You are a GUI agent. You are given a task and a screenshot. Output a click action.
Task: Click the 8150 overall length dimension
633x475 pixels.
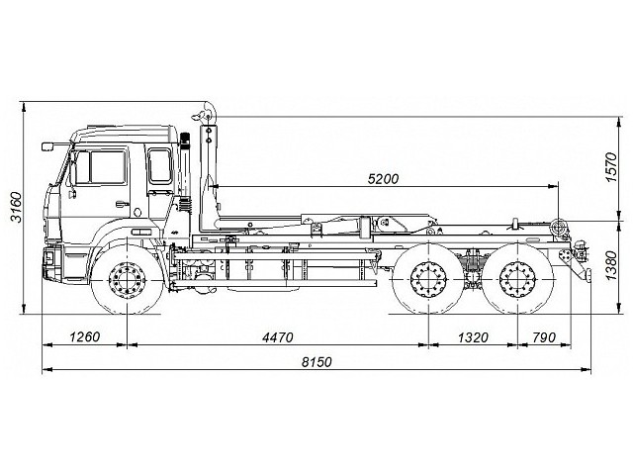pyautogui.click(x=316, y=363)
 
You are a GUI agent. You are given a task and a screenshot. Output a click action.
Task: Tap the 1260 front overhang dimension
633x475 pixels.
pyautogui.click(x=86, y=336)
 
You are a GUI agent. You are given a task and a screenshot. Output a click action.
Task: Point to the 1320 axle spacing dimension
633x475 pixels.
pyautogui.click(x=474, y=336)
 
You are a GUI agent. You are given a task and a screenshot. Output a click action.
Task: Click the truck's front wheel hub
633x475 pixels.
pyautogui.click(x=128, y=281)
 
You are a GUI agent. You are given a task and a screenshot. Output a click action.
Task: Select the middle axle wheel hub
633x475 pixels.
pyautogui.click(x=428, y=282)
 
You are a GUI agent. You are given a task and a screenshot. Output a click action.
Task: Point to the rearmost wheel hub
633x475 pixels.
pyautogui.click(x=515, y=282)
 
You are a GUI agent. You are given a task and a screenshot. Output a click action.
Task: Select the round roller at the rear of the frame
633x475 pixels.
pyautogui.click(x=560, y=229)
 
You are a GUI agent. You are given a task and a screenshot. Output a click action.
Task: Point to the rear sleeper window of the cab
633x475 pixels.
pyautogui.click(x=159, y=164)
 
